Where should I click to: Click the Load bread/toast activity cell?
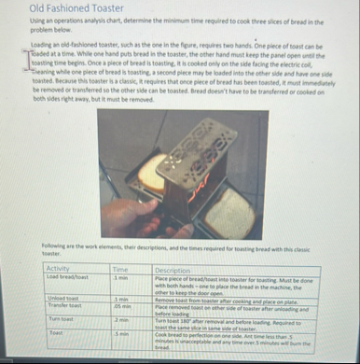click(x=67, y=276)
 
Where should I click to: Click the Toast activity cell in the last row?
click(x=55, y=332)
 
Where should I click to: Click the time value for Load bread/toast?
click(x=118, y=276)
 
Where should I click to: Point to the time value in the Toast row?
click(x=118, y=332)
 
